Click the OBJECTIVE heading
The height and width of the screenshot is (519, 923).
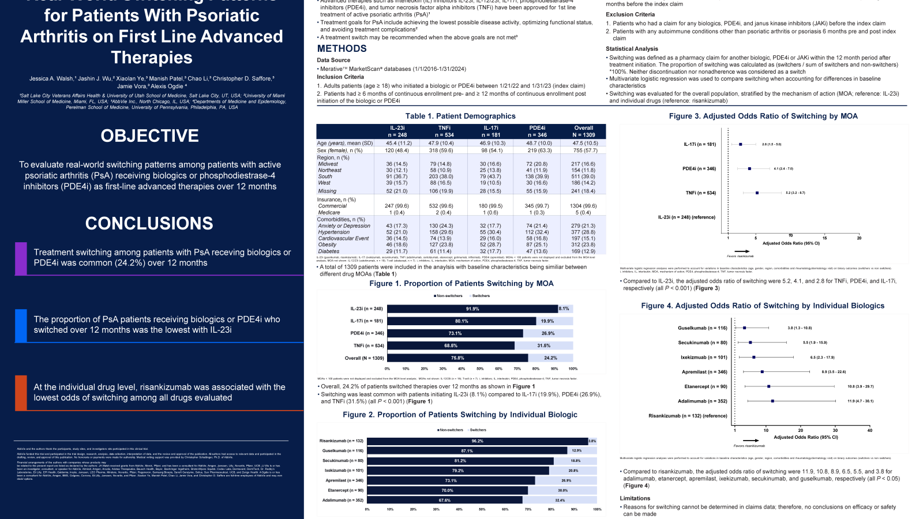tap(150, 136)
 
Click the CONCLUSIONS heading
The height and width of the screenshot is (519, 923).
tap(149, 223)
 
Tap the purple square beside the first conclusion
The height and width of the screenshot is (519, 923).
tap(21, 258)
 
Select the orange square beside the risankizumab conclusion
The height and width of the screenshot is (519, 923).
tap(21, 393)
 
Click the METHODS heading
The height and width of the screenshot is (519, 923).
tap(342, 49)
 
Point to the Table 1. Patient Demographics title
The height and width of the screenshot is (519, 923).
tap(460, 116)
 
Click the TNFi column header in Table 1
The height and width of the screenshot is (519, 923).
tap(444, 128)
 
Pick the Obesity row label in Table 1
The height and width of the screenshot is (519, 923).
tap(327, 245)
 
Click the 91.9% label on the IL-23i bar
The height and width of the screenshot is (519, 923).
tap(472, 309)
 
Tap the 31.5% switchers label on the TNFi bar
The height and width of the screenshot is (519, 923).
tap(543, 346)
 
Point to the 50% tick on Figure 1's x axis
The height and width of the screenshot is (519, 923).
tap(480, 368)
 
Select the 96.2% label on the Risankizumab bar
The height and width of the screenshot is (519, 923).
tap(477, 441)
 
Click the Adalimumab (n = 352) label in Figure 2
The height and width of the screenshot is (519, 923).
tap(343, 500)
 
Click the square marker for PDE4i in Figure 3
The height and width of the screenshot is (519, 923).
tap(749, 169)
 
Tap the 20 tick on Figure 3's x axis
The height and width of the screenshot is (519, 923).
tap(859, 238)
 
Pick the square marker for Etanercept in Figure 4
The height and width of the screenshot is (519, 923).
tap(768, 386)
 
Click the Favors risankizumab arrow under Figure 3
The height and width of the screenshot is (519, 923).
tap(742, 251)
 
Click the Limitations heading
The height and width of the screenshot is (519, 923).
tap(635, 498)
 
